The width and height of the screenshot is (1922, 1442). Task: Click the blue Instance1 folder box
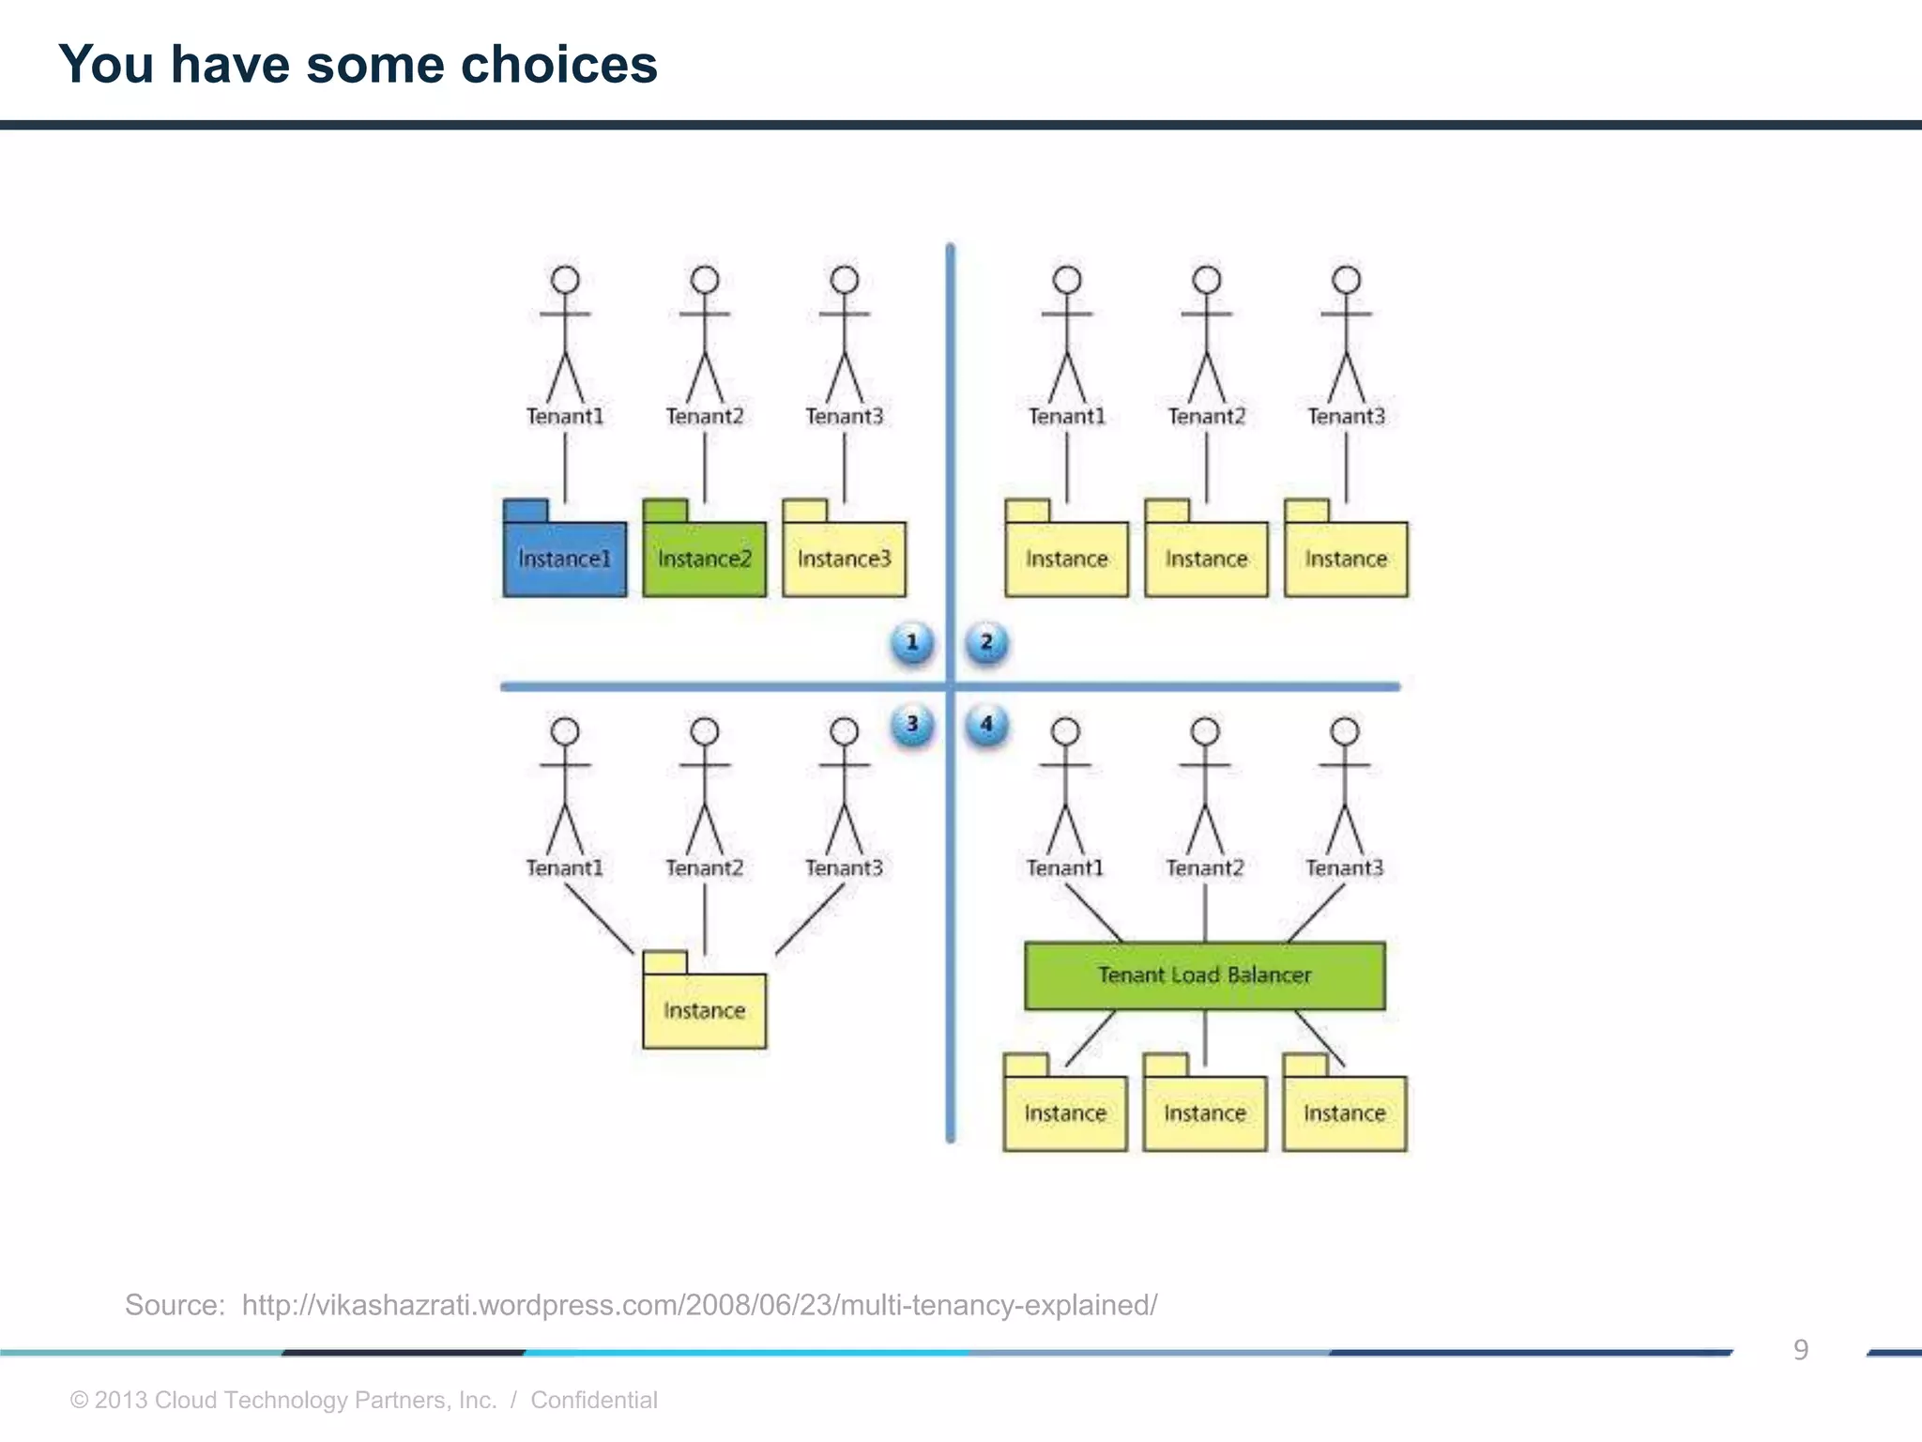(564, 559)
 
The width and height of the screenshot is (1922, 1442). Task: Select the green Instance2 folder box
(704, 559)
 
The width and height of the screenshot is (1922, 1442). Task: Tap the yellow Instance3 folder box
(844, 559)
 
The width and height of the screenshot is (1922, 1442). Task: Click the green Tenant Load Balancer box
(1204, 975)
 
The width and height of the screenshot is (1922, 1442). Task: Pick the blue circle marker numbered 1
(911, 643)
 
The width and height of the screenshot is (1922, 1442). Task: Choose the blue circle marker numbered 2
(986, 643)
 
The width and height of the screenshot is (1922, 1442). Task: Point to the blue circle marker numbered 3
(911, 725)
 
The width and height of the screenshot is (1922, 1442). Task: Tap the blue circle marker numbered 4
(986, 725)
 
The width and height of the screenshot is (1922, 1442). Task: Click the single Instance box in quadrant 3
(704, 1010)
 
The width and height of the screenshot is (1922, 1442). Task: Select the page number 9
(1800, 1350)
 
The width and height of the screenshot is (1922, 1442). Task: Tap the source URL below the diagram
(699, 1305)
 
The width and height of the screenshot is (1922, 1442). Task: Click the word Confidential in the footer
(593, 1400)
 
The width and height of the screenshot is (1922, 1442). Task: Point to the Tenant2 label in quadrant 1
(704, 416)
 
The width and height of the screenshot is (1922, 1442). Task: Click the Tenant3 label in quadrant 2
(1346, 416)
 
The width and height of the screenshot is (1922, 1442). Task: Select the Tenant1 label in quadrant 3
(564, 867)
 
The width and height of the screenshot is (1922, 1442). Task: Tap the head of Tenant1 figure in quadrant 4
(1065, 731)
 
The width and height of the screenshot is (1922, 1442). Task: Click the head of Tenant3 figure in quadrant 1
(845, 280)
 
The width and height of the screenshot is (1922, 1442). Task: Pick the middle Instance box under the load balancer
(1204, 1112)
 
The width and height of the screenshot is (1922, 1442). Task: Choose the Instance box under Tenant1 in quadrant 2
(1066, 559)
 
